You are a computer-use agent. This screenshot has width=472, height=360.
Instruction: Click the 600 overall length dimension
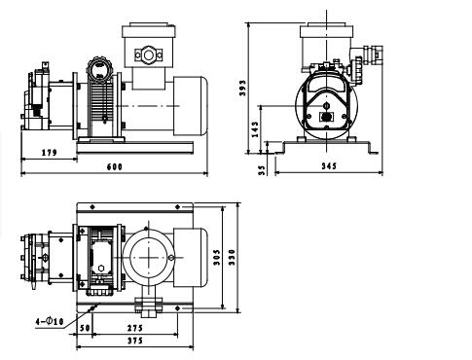115,166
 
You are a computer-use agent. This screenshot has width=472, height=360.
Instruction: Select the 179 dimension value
50,152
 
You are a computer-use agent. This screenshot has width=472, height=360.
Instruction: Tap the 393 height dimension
242,88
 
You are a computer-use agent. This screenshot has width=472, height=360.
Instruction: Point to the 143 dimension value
255,129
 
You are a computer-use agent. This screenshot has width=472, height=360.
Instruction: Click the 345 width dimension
329,166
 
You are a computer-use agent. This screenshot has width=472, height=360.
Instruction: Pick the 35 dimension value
262,171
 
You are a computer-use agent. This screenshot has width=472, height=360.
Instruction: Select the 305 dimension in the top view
217,258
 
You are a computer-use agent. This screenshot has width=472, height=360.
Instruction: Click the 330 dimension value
232,258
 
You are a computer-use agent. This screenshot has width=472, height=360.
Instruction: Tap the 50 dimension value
85,328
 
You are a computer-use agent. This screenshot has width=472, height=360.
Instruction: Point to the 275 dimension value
135,328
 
